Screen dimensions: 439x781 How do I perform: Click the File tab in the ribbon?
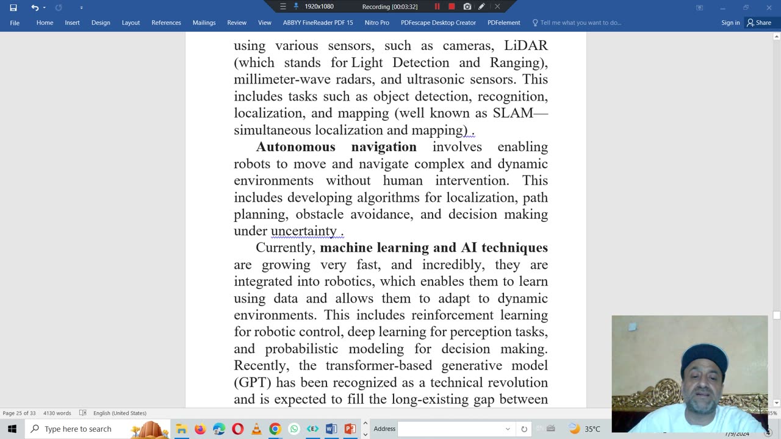(15, 23)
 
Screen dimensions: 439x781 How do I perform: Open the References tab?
(166, 23)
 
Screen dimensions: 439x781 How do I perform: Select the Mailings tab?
(204, 23)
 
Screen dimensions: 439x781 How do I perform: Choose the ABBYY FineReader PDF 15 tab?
(317, 23)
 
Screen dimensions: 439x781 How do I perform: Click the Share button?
(759, 23)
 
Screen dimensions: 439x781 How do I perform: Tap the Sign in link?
(730, 23)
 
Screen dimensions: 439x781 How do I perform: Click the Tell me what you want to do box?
(580, 23)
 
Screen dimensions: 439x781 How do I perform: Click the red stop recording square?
(452, 7)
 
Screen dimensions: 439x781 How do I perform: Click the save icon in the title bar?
(13, 7)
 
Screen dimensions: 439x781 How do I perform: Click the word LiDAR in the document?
(525, 46)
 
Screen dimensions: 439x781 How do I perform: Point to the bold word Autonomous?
(295, 147)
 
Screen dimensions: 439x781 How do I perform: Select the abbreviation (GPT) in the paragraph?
(253, 383)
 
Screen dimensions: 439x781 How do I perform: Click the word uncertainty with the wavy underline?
(303, 231)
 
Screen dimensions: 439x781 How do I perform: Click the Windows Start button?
(12, 429)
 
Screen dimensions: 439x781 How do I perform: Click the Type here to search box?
(78, 429)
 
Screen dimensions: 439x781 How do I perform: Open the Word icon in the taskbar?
(331, 429)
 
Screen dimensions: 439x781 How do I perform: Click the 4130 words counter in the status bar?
(57, 413)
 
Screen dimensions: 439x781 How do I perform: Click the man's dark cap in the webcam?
(705, 354)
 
